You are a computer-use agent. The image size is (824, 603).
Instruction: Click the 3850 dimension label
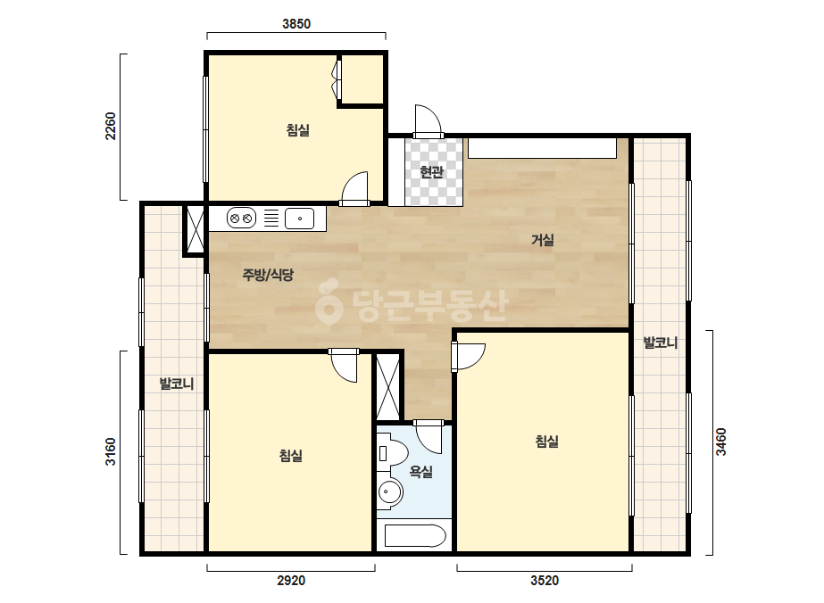[x=296, y=24]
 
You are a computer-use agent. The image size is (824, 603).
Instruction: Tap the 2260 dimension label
[x=111, y=126]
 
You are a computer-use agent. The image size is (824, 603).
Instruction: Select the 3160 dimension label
[x=111, y=451]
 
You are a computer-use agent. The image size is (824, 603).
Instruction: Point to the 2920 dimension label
[x=291, y=581]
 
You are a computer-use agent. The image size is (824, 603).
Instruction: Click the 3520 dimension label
[x=545, y=581]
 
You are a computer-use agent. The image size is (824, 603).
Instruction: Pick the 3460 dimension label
[x=721, y=442]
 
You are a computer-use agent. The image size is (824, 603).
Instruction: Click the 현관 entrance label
[x=432, y=172]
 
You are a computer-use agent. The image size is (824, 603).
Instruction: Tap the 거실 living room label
[x=543, y=240]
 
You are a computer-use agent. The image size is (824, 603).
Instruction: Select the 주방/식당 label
[x=268, y=274]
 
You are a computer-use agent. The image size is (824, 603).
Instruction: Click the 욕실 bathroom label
[x=421, y=472]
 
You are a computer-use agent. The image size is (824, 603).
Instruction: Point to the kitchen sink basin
[x=300, y=219]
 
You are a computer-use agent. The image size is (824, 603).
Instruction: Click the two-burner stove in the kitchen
[x=241, y=218]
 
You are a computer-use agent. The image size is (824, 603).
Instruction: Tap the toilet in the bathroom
[x=392, y=451]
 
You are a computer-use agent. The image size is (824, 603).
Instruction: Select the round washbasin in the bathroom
[x=389, y=492]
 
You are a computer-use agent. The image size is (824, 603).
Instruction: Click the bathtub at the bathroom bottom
[x=415, y=537]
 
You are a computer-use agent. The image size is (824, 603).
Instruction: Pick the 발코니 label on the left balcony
[x=177, y=384]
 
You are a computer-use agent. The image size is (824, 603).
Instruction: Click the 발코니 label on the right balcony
[x=661, y=343]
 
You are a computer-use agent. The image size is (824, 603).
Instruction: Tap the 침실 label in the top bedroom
[x=298, y=129]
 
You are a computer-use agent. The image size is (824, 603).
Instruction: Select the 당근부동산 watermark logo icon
[x=328, y=302]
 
